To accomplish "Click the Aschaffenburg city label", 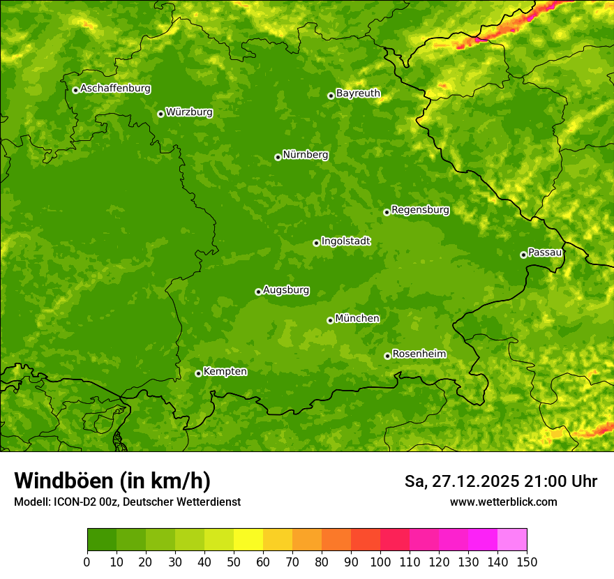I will tap(115, 89).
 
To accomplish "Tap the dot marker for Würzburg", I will tap(160, 114).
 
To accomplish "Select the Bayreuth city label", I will tap(358, 93).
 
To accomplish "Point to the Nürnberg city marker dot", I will tap(278, 158).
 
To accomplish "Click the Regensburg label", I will tap(420, 209).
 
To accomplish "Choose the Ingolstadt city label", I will tap(345, 241).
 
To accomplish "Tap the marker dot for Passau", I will tap(523, 255).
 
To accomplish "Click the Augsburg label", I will tap(286, 289).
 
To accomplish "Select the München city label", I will tap(357, 318).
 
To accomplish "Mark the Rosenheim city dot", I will tap(387, 356).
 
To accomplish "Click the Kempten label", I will tap(225, 371).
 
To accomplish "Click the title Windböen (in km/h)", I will tap(112, 481).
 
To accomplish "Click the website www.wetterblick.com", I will tap(503, 502).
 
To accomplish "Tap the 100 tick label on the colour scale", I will tap(380, 562).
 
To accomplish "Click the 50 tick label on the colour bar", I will tap(234, 562).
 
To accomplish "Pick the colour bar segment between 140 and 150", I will tap(512, 540).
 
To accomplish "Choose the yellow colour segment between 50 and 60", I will tap(248, 540).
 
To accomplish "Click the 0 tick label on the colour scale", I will tap(87, 562).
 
